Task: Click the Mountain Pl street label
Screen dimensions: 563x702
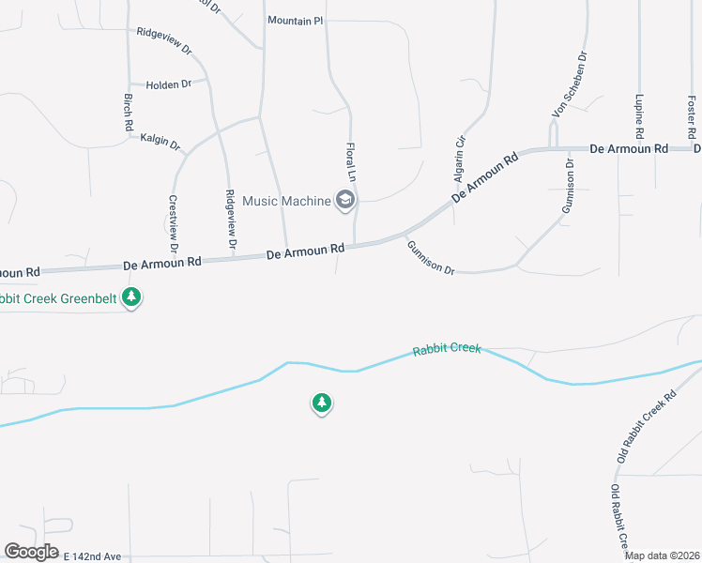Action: pos(295,20)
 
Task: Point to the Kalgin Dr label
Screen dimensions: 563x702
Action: pos(160,142)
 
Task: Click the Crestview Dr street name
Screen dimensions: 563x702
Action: pos(174,223)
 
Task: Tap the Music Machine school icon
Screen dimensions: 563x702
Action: pos(345,200)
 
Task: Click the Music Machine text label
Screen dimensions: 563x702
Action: pos(286,201)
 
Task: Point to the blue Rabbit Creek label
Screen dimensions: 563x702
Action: pos(447,349)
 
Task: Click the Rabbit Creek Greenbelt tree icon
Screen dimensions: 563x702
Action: pos(132,297)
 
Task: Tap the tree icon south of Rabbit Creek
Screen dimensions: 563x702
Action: pos(322,403)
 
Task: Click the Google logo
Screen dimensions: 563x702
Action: pos(31,552)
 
